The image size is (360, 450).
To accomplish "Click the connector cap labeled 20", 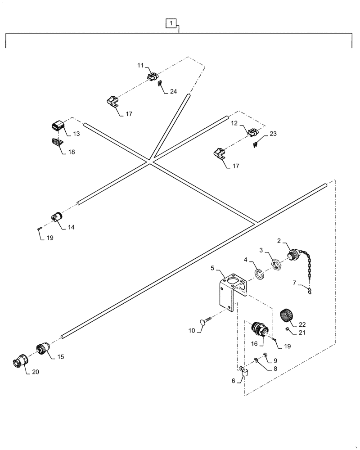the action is tap(21, 360).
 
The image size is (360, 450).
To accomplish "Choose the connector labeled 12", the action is tap(253, 133).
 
